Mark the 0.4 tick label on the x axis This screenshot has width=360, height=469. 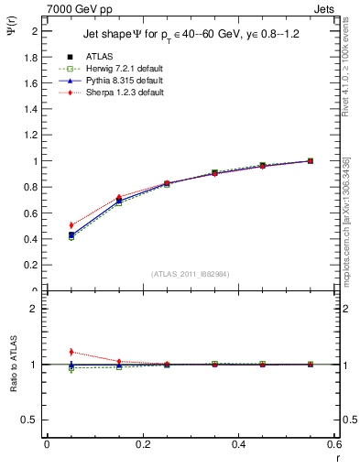238,443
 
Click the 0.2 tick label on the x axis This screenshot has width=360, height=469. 142,443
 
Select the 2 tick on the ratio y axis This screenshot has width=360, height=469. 37,309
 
